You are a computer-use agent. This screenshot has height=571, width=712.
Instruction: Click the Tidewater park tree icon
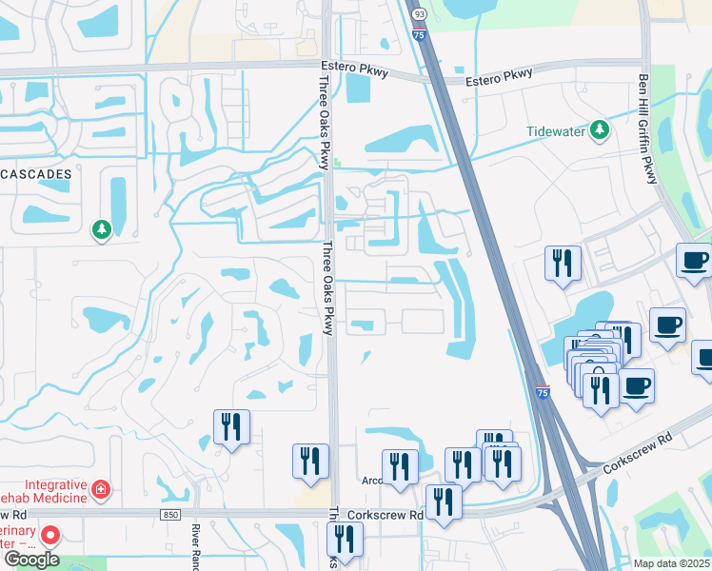[600, 130]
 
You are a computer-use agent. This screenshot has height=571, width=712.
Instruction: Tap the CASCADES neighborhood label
[36, 176]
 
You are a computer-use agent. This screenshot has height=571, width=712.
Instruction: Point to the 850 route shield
[169, 515]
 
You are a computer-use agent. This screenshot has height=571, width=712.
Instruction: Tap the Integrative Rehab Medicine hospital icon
[101, 490]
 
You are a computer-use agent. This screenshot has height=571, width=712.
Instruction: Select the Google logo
[31, 560]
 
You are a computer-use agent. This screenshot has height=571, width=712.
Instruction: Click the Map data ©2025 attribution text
[671, 563]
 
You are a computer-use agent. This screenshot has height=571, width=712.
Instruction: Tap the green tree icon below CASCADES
[101, 229]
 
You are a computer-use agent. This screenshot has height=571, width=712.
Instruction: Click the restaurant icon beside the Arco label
[400, 467]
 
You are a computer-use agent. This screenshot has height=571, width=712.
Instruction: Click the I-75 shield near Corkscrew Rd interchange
[543, 394]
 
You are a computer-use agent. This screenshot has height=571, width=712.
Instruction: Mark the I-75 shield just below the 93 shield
[420, 34]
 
